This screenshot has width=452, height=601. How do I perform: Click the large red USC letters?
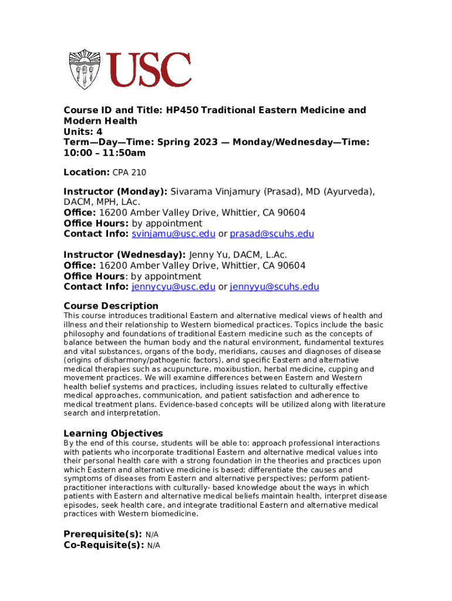(149, 70)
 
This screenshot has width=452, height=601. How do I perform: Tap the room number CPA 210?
(129, 173)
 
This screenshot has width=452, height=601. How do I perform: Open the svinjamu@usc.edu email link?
(173, 234)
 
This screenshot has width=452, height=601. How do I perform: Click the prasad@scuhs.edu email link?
(272, 234)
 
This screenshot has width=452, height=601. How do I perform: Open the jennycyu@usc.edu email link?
(173, 287)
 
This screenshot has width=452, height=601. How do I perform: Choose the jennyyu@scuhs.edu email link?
(275, 287)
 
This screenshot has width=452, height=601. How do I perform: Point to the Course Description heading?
(111, 306)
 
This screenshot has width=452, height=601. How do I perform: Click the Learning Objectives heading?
(113, 434)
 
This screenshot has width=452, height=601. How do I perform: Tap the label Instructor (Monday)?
(116, 191)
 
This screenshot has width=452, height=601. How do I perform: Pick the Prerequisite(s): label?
(103, 534)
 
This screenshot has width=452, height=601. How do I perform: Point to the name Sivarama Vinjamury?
(215, 191)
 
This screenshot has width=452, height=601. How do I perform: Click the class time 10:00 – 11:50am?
(104, 153)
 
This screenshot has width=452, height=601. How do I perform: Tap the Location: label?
(86, 172)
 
